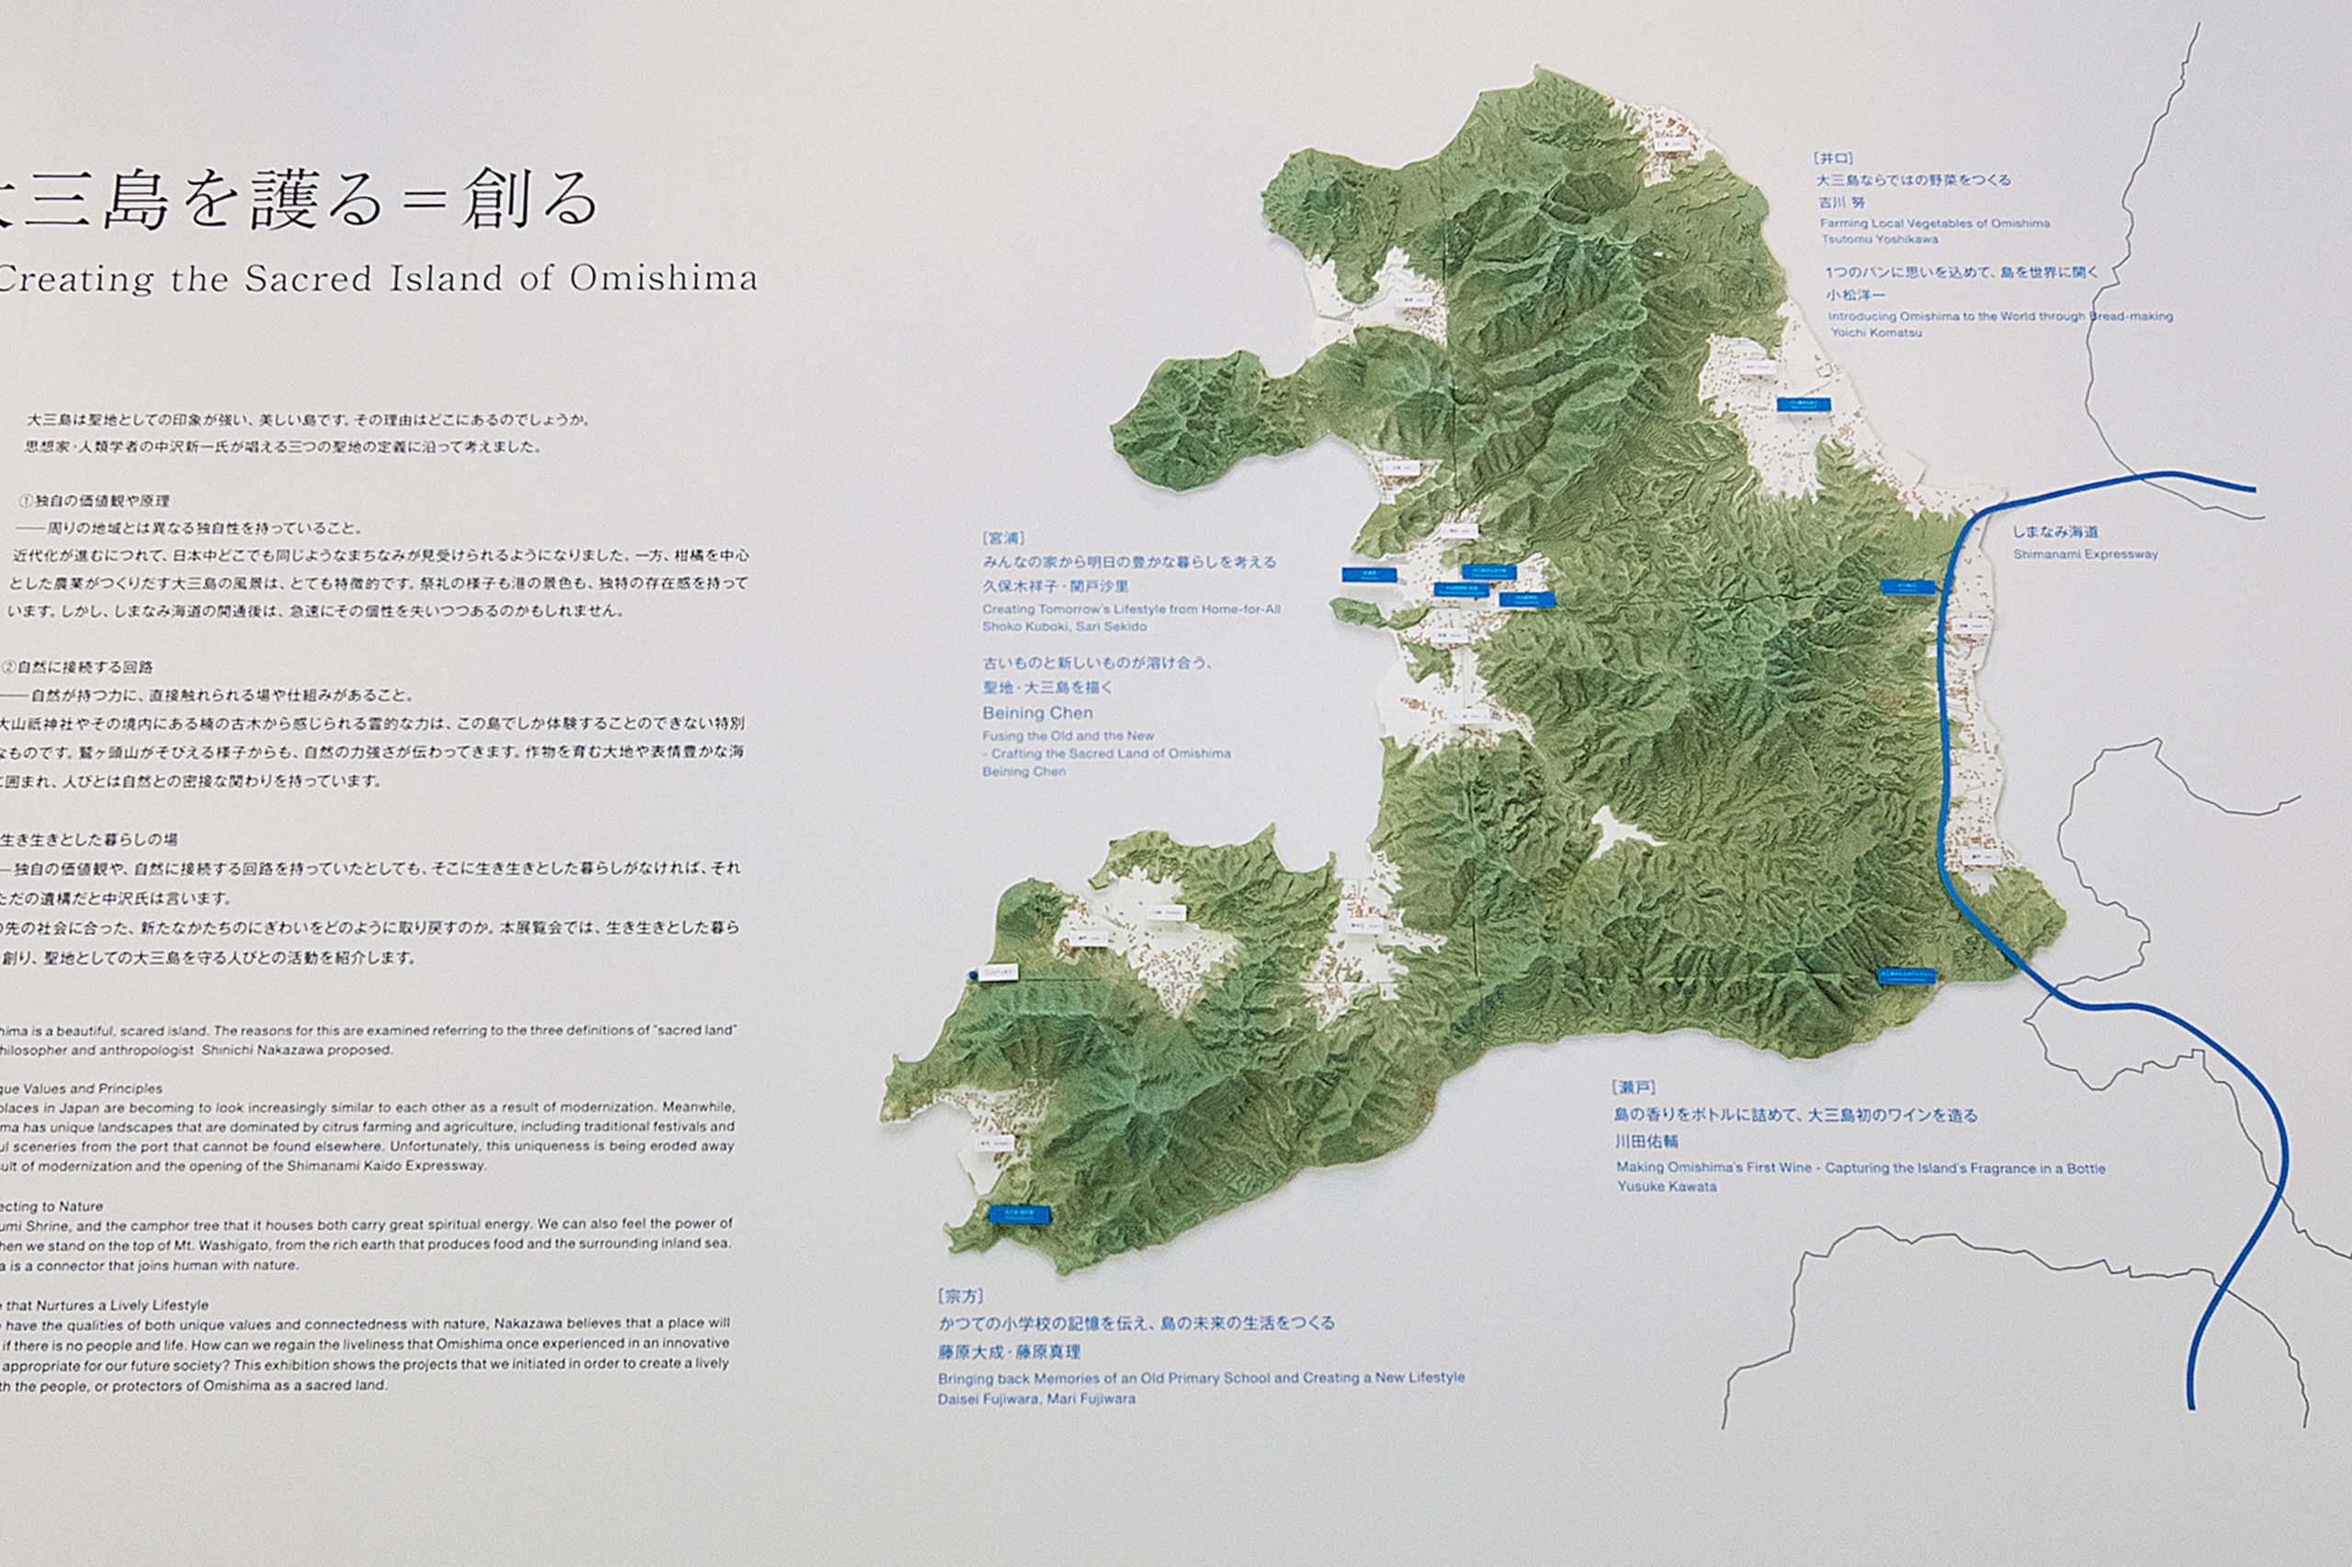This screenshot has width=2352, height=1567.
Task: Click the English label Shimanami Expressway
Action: pos(2086,555)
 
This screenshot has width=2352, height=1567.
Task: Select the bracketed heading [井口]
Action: pos(1833,158)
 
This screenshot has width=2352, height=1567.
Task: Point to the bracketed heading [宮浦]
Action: pos(1002,537)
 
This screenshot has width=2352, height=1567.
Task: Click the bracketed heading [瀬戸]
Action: pos(1634,1088)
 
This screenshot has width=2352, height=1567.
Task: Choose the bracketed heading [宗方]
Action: pos(959,1296)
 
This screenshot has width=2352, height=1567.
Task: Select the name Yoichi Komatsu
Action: pos(1875,333)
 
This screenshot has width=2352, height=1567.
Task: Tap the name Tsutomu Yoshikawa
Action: pos(1879,240)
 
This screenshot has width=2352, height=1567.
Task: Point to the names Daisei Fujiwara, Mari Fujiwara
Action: pos(1035,1399)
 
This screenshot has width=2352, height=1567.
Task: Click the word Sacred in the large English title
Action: pos(309,279)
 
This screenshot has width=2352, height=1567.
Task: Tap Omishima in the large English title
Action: pos(662,279)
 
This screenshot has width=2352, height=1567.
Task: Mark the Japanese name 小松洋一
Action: pos(1855,295)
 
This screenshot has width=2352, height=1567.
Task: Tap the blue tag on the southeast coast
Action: pos(1906,975)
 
